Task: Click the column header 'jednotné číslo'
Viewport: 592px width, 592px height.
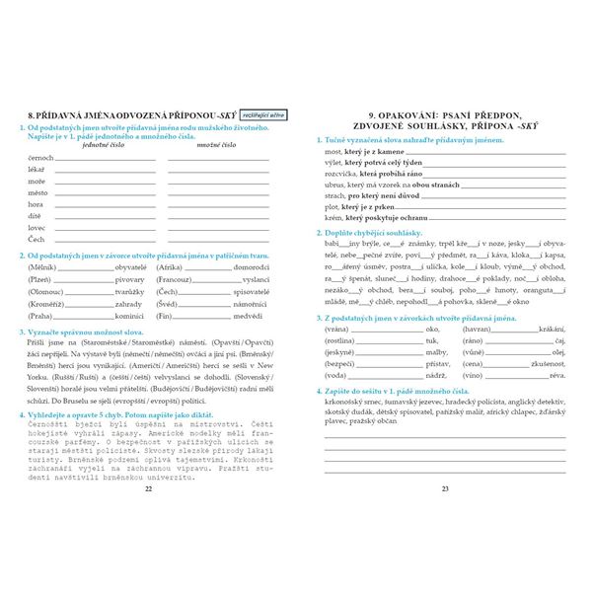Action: (105, 144)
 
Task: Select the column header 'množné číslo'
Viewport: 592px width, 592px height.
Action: (216, 144)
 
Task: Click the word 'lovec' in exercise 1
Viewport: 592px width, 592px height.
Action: (37, 228)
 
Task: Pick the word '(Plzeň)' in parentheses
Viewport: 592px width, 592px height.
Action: (40, 280)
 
